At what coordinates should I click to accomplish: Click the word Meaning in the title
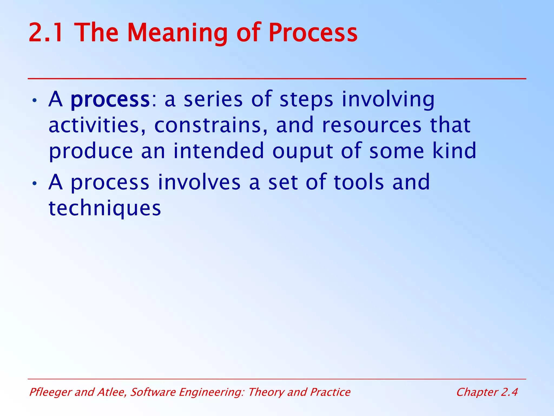[x=177, y=33]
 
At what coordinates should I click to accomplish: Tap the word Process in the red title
[x=313, y=33]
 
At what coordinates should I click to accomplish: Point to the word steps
[x=306, y=100]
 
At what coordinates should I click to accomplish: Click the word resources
[x=372, y=125]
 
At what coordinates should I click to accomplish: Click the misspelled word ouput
[x=302, y=151]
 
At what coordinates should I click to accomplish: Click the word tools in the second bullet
[x=359, y=182]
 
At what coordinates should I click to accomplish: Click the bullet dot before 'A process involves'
[x=34, y=184]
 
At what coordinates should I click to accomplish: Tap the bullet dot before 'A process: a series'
[x=34, y=101]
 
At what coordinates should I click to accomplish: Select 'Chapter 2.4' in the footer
[x=487, y=392]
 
